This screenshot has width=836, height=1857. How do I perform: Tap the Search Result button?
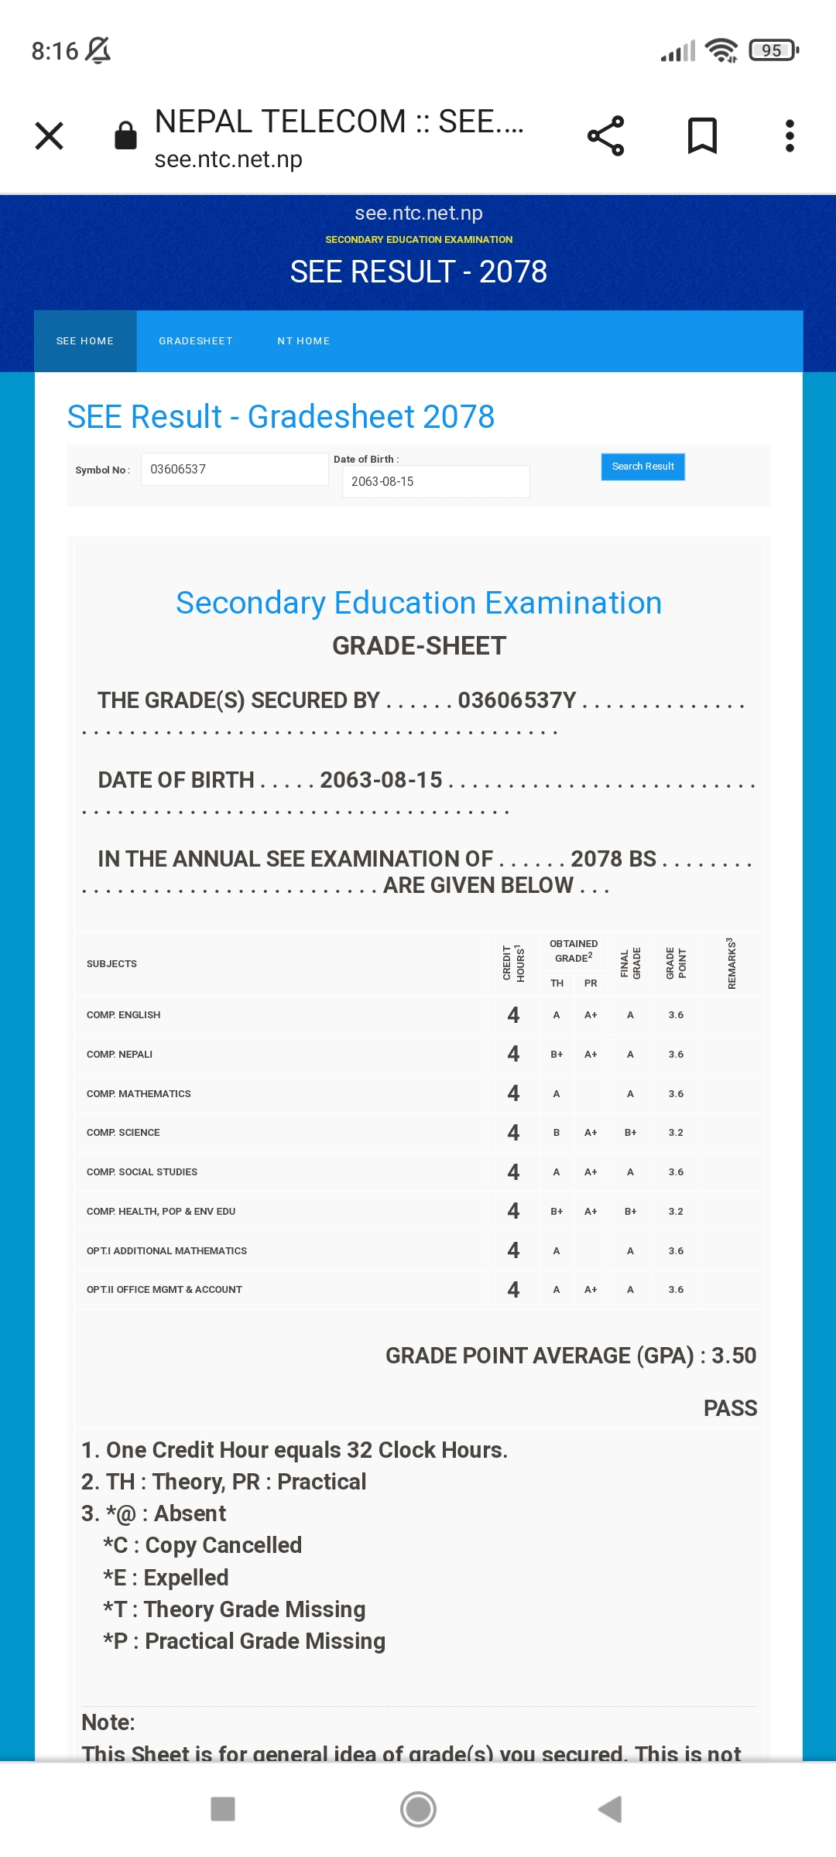pyautogui.click(x=642, y=467)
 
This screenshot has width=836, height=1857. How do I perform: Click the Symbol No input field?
pyautogui.click(x=235, y=470)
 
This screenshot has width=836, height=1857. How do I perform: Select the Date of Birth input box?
pyautogui.click(x=436, y=481)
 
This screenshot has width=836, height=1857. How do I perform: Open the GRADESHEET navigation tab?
pyautogui.click(x=196, y=341)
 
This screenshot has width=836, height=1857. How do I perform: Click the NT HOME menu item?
pyautogui.click(x=303, y=341)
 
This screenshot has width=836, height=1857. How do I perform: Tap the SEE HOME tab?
pyautogui.click(x=85, y=341)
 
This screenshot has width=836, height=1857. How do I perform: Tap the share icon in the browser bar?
pyautogui.click(x=605, y=136)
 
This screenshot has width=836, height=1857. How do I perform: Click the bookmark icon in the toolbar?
pyautogui.click(x=702, y=136)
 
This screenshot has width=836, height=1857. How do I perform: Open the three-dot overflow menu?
pyautogui.click(x=790, y=136)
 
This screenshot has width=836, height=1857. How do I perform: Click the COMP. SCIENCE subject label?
pyautogui.click(x=123, y=1133)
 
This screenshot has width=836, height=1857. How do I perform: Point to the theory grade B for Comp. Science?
pyautogui.click(x=557, y=1133)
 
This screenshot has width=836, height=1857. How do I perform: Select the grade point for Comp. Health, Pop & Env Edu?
pyautogui.click(x=676, y=1212)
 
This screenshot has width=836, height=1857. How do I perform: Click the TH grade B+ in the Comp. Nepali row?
pyautogui.click(x=557, y=1055)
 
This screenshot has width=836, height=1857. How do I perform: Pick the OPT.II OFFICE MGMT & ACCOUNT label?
pyautogui.click(x=164, y=1290)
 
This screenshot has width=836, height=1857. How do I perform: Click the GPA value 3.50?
pyautogui.click(x=734, y=1356)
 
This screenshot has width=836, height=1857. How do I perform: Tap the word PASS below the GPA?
pyautogui.click(x=730, y=1408)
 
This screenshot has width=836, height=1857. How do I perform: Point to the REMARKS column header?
pyautogui.click(x=731, y=963)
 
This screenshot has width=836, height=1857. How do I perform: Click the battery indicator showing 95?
pyautogui.click(x=773, y=51)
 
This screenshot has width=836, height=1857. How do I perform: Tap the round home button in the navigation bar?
pyautogui.click(x=418, y=1809)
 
